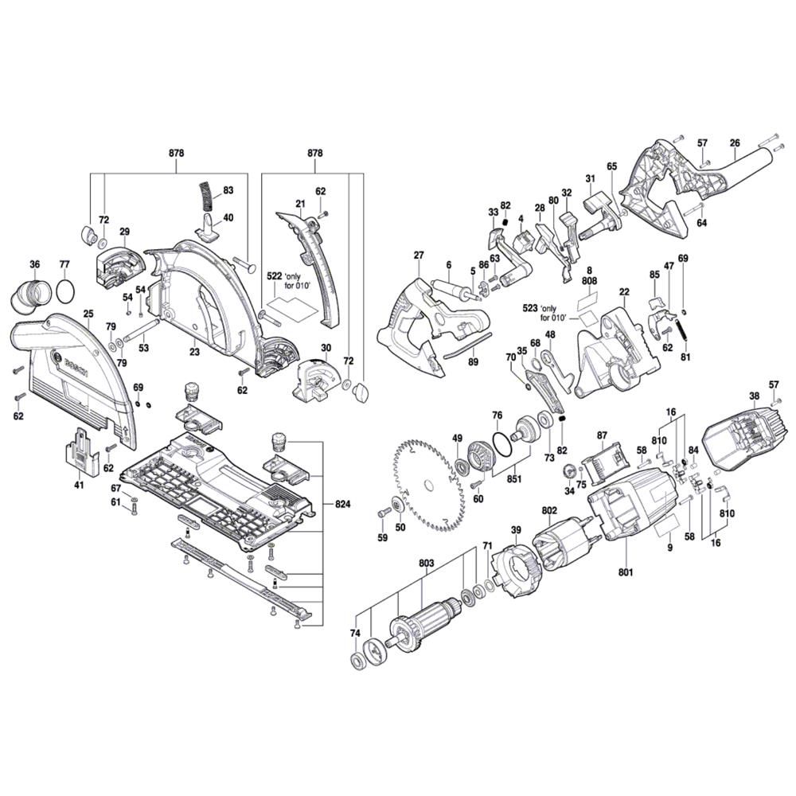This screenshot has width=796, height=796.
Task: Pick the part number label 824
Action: [x=344, y=505]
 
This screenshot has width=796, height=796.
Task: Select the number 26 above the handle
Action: [x=735, y=143]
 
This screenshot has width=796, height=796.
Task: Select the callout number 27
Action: [x=419, y=255]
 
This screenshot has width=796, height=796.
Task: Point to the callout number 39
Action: [x=516, y=531]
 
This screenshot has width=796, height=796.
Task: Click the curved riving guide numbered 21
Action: [x=314, y=263]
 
